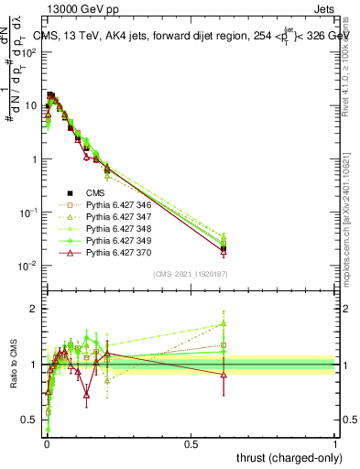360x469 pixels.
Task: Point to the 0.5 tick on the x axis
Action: (191, 443)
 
